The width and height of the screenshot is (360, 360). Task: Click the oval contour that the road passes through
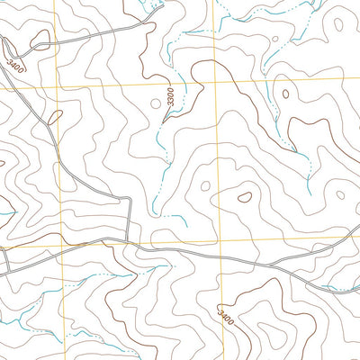[40, 40]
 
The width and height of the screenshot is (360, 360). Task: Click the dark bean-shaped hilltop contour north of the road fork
[244, 193]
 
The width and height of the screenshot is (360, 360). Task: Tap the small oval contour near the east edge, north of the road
[340, 192]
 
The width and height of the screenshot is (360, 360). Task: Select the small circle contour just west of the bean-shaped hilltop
[205, 186]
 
